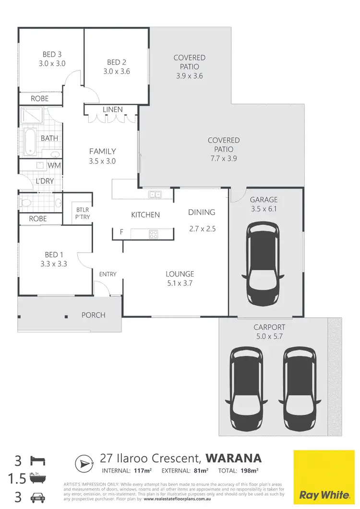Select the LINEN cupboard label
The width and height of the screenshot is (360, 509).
click(113, 109)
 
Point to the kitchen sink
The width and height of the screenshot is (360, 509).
click(155, 194)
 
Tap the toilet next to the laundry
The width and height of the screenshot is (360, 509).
click(26, 203)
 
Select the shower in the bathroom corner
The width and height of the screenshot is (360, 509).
click(32, 116)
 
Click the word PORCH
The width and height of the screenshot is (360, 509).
click(93, 315)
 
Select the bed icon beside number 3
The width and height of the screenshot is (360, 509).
click(37, 461)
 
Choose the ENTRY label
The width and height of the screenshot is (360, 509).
click(108, 274)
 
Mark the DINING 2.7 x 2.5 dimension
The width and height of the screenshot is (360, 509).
click(203, 229)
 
